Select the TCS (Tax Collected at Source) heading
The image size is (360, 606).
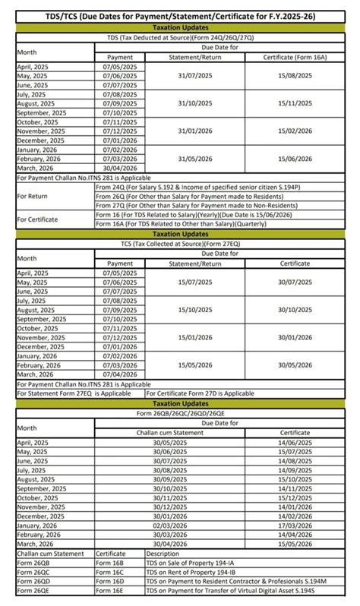tap(180, 245)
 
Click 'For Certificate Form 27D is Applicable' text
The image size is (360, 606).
tap(201, 393)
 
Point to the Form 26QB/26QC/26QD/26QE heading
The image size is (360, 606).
tap(180, 413)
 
